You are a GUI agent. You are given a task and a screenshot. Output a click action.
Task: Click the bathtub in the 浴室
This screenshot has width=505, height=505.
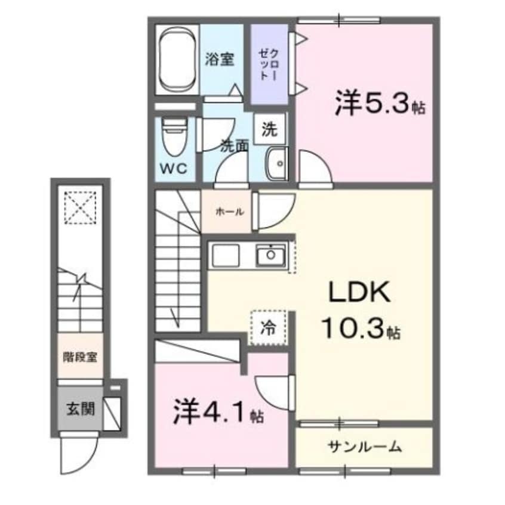point(177,59)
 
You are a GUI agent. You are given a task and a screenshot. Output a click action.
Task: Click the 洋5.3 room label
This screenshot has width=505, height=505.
point(371,103)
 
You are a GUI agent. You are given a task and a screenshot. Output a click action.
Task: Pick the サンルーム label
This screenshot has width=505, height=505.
point(364,446)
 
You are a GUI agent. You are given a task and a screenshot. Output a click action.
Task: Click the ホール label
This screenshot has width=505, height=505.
point(227,212)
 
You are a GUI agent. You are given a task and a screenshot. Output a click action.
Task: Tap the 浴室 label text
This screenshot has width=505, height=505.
point(220,60)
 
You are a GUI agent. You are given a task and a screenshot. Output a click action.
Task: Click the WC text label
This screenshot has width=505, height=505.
point(173,169)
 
